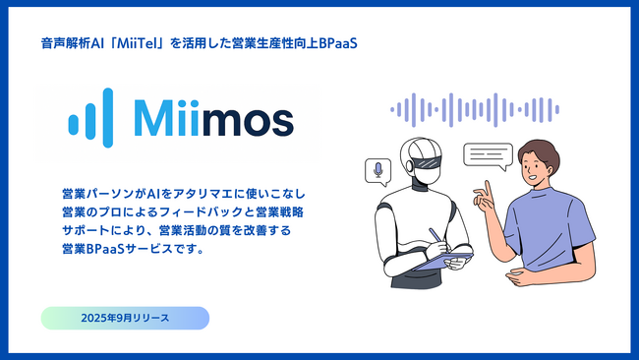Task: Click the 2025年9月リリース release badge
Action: point(125,319)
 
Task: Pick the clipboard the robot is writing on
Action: point(441,262)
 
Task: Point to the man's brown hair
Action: point(543,150)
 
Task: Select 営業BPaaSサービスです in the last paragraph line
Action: point(133,248)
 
